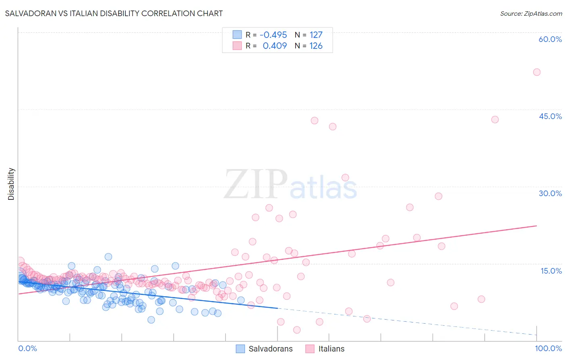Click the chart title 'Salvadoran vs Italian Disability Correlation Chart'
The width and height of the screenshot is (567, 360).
114,13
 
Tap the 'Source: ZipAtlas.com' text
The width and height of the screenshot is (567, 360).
531,13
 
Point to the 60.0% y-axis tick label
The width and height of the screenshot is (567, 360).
550,39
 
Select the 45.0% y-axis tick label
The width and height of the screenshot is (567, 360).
550,116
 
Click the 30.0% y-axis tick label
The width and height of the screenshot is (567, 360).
550,193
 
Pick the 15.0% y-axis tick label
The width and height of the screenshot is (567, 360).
551,271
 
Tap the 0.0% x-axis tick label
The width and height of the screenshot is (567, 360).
27,348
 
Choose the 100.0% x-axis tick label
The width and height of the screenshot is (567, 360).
548,348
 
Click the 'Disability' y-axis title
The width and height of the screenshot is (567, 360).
11,184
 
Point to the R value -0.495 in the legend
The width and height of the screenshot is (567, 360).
273,35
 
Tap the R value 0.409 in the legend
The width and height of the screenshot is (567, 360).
275,46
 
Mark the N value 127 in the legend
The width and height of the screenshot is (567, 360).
316,35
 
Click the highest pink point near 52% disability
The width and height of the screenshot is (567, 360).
537,72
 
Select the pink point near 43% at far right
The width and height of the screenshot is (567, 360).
495,119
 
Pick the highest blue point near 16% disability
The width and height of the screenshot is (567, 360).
108,257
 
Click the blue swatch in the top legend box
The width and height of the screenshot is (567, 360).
237,35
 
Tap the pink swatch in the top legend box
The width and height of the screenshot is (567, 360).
237,46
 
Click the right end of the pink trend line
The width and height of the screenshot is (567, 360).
537,226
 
